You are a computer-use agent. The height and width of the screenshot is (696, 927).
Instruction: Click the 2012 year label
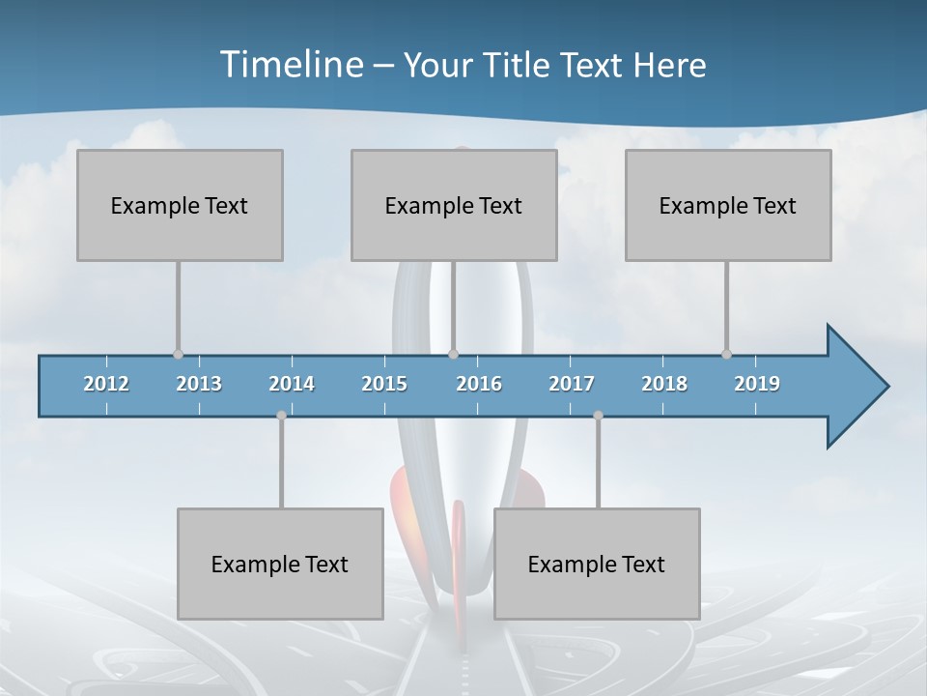[x=106, y=384]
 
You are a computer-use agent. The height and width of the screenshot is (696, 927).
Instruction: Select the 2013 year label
[x=199, y=384]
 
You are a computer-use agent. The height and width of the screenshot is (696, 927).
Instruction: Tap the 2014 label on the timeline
[x=292, y=384]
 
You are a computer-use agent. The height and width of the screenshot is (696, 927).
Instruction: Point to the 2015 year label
[x=384, y=384]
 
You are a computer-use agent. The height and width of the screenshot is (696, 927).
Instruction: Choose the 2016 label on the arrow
[x=479, y=384]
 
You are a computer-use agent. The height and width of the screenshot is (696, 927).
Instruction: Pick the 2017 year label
[x=572, y=384]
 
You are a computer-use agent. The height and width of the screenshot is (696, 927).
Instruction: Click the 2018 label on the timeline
[x=664, y=384]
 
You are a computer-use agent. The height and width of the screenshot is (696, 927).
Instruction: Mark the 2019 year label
[x=757, y=384]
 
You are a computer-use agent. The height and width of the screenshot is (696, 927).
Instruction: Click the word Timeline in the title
[x=290, y=65]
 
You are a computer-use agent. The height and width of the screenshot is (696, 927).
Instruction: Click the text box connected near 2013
[x=180, y=205]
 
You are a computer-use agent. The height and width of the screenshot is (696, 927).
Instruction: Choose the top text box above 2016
[x=454, y=205]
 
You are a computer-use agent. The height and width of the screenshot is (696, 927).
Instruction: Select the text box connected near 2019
[x=728, y=205]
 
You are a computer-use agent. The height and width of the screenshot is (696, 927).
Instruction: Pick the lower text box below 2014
[x=280, y=564]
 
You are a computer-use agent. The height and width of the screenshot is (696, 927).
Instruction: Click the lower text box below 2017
[x=597, y=564]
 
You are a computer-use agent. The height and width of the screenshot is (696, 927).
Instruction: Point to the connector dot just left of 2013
[x=178, y=354]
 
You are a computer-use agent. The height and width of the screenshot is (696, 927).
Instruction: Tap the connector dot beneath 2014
[x=281, y=416]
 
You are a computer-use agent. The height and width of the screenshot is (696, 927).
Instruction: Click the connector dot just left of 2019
[x=726, y=354]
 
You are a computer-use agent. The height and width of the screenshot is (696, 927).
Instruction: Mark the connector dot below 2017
[x=598, y=416]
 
